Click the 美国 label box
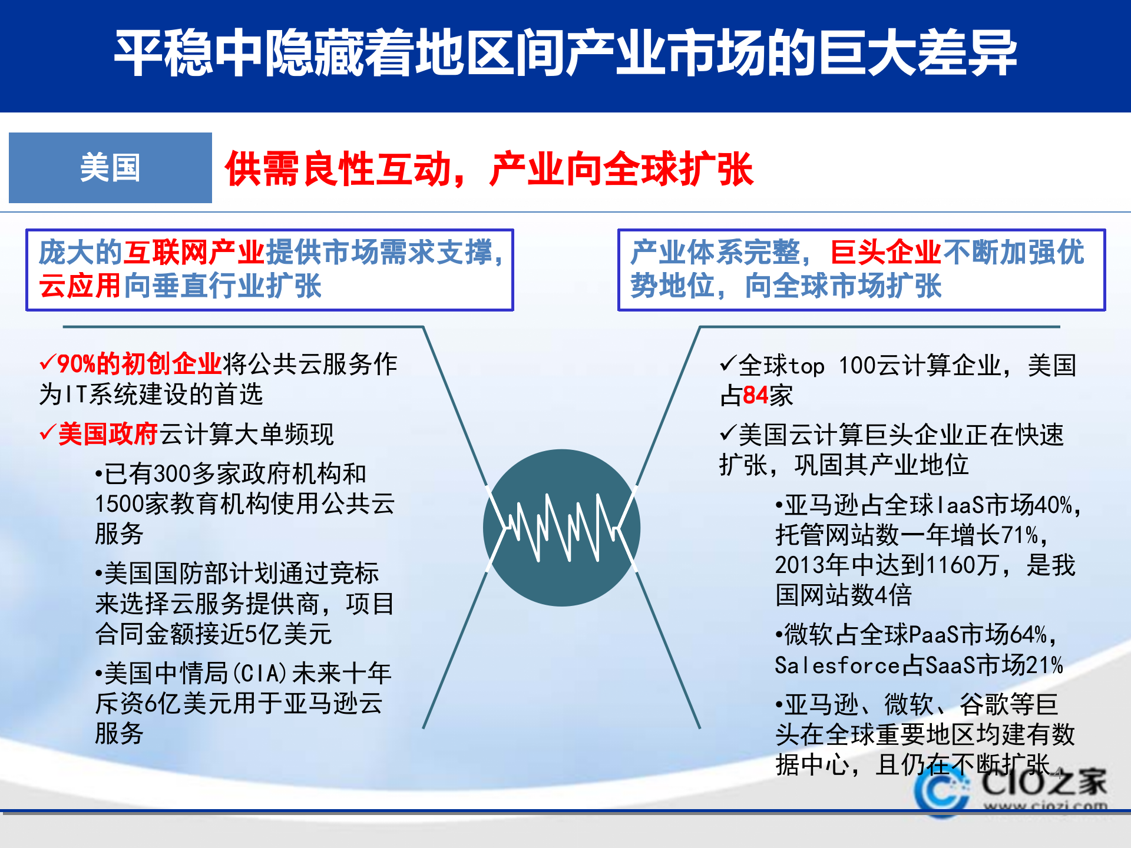point(110,168)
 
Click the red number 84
point(756,395)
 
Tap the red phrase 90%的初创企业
point(139,364)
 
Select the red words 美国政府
point(108,434)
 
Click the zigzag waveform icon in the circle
point(561,528)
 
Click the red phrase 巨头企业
point(885,253)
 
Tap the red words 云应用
point(80,286)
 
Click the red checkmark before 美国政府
point(48,433)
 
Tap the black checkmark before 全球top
point(728,363)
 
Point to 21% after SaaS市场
point(1044,665)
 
